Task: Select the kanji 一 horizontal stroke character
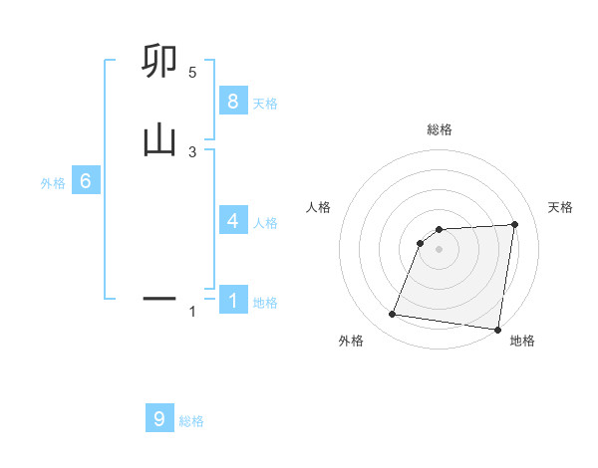pos(159,297)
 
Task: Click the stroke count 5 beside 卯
pos(192,72)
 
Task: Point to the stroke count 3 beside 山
pos(192,151)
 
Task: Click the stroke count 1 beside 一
pos(192,313)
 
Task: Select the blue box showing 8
pos(232,101)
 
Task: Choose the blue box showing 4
pos(232,220)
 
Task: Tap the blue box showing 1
pos(232,300)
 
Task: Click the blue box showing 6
pos(86,181)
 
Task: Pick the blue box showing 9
pos(159,419)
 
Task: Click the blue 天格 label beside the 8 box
pos(265,103)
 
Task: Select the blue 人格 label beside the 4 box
pos(265,222)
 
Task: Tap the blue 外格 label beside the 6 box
pos(53,183)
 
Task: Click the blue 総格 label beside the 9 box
pos(191,421)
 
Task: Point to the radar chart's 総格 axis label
pos(439,129)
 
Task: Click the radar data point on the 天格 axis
pos(514,224)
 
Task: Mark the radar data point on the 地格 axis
pos(497,330)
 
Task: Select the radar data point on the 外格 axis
pos(393,315)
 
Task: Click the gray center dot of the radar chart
pos(439,249)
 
